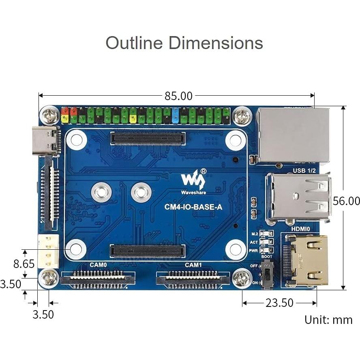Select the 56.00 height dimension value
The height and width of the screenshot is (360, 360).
click(x=346, y=201)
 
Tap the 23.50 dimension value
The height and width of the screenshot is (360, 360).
click(x=279, y=303)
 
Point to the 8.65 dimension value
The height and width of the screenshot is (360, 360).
click(x=24, y=264)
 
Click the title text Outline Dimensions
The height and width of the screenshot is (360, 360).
click(x=184, y=43)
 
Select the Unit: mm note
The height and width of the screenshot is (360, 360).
click(x=328, y=319)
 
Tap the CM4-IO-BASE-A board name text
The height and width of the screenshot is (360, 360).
click(x=193, y=207)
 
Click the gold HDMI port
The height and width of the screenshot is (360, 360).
click(x=306, y=260)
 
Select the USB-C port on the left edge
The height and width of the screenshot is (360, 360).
click(x=45, y=141)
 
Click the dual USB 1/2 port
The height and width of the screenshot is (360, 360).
click(x=298, y=198)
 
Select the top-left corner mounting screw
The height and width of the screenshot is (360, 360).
click(x=51, y=116)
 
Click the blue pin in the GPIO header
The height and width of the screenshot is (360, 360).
click(x=176, y=115)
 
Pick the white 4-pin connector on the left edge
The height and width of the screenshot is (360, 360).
click(x=48, y=251)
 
